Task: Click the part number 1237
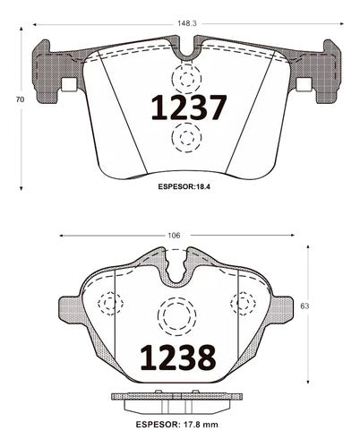click(189, 108)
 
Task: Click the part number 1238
click(178, 358)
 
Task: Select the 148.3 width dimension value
click(187, 23)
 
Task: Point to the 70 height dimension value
click(20, 99)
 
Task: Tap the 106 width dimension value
click(174, 236)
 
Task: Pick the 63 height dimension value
click(304, 306)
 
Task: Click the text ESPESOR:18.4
click(184, 187)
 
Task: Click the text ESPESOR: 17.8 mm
click(177, 425)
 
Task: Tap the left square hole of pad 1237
click(69, 84)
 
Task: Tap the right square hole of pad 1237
click(304, 84)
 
